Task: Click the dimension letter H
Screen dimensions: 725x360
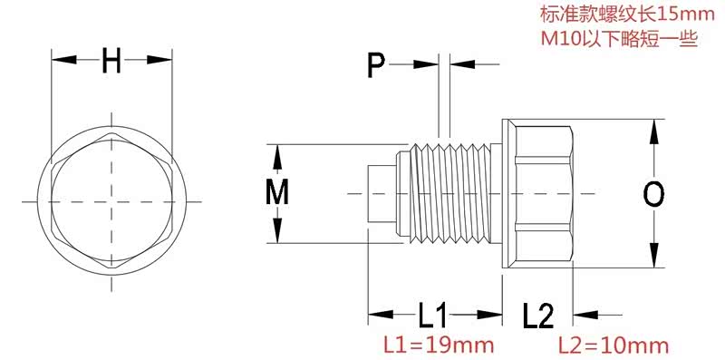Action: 111,60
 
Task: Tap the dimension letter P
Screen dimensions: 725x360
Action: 376,65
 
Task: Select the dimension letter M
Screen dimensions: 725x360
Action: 277,192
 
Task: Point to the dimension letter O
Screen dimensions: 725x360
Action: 653,194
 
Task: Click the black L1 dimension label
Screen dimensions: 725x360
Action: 434,316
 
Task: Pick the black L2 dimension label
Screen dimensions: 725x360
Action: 538,316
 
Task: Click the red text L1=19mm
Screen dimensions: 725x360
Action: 439,345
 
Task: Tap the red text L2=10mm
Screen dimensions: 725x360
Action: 614,345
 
